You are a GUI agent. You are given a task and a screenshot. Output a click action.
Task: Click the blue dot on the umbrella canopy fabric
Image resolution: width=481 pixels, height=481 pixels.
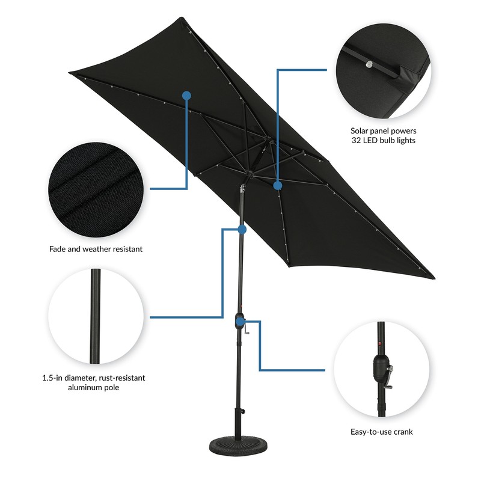click(x=186, y=95)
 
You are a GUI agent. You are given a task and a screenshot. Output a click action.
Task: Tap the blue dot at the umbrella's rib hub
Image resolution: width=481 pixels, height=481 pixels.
click(x=278, y=186)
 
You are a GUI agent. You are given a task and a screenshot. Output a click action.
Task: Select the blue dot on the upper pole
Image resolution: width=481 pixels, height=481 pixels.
click(x=242, y=230)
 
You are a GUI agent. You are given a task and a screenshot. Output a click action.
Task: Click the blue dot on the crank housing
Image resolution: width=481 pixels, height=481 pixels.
click(x=240, y=322)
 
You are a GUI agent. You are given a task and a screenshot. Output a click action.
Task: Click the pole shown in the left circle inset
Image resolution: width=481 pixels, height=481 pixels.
click(x=94, y=316)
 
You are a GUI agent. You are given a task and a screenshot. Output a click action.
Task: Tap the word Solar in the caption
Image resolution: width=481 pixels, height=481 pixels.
click(x=361, y=130)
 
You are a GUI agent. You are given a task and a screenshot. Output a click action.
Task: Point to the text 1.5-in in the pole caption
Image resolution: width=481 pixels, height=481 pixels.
click(x=55, y=378)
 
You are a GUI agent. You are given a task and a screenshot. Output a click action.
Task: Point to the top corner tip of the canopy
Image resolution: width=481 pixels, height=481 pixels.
click(x=180, y=19)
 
